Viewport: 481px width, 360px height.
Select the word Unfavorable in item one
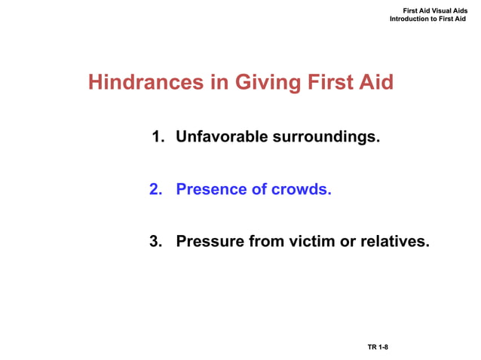point(218,137)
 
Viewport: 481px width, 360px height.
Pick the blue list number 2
point(156,189)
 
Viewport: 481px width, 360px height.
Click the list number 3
point(156,241)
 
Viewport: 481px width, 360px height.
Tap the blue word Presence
point(210,189)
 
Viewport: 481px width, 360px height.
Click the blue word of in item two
point(258,189)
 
